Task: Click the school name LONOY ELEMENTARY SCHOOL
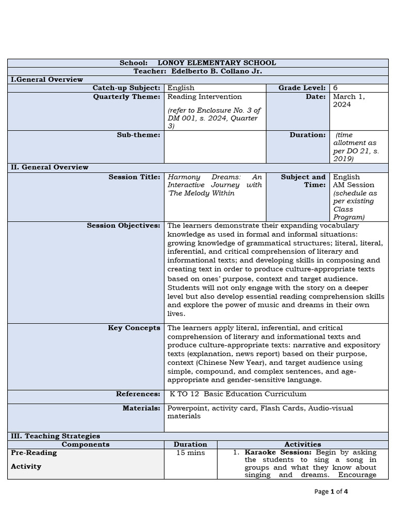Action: coord(217,63)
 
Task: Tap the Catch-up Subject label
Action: coord(126,88)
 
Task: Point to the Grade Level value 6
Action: coord(336,88)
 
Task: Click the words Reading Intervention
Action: coord(205,96)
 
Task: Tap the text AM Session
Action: coord(354,185)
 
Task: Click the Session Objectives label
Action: coord(124,225)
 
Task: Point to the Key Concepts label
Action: coord(134,328)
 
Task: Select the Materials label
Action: coord(141,408)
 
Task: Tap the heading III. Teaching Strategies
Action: coord(56,436)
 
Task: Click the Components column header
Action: coord(86,444)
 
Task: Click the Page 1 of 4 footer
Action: coord(331,491)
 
